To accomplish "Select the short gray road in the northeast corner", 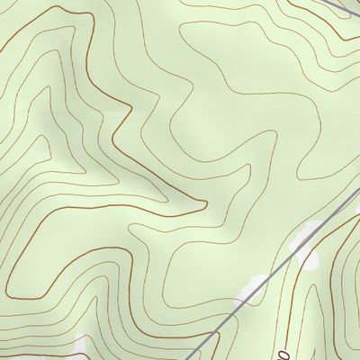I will (337, 7).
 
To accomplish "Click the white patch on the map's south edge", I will (81, 346).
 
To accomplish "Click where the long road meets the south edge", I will (191, 359).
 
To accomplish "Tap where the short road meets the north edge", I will (325, 0).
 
